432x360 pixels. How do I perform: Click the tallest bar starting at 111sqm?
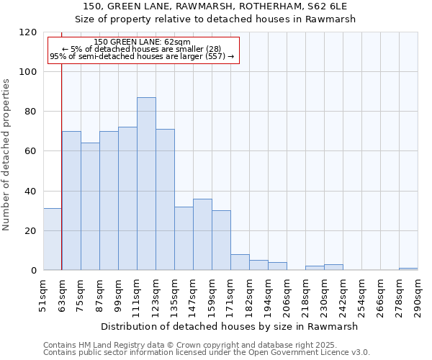pos(146,184)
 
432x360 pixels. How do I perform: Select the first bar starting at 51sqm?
pos(53,239)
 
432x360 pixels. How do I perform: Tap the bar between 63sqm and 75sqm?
pos(71,201)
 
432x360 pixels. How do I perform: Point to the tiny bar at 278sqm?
pos(408,269)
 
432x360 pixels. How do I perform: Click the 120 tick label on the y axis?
pos(28,32)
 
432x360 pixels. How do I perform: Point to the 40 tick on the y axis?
pos(31,192)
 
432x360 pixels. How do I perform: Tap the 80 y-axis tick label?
pos(31,112)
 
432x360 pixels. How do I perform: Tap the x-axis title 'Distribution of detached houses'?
pos(229,326)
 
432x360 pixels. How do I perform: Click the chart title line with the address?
pos(225,6)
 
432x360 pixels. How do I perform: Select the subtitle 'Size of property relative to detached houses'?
pos(225,19)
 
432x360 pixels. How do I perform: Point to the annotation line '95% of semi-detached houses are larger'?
pos(142,56)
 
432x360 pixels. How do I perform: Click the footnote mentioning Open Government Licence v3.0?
pos(207,353)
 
